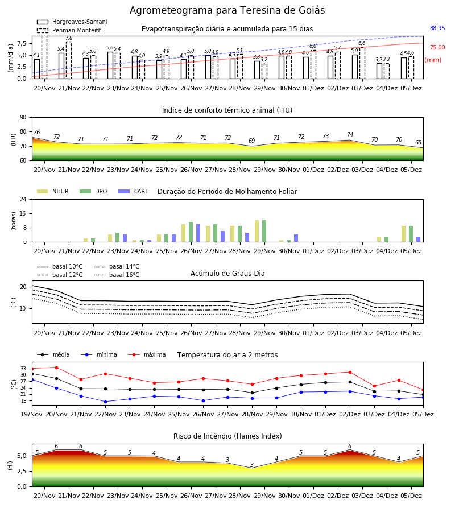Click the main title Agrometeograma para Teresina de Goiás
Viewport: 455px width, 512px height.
click(x=227, y=10)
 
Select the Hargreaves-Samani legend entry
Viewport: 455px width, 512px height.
click(x=72, y=22)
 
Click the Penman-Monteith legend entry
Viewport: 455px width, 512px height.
click(x=69, y=30)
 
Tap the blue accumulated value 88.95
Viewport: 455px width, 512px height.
click(x=437, y=28)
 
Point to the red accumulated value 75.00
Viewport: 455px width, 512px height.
click(x=437, y=47)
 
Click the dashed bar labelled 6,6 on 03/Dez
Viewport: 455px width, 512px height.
click(x=362, y=63)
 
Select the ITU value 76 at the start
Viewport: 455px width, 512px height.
click(x=36, y=132)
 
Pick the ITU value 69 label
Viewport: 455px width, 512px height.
click(x=251, y=141)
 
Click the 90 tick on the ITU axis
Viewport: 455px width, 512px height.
click(x=23, y=118)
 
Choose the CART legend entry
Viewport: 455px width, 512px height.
click(x=134, y=191)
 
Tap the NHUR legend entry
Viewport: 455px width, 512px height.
click(x=53, y=191)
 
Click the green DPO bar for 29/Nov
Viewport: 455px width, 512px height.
click(x=264, y=231)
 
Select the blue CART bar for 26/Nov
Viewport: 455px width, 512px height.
click(x=198, y=233)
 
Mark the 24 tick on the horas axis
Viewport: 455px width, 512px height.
click(x=23, y=199)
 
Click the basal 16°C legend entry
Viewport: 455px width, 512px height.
click(x=117, y=275)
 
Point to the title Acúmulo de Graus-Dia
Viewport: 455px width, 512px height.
click(x=227, y=273)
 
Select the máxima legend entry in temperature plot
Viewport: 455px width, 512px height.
click(x=147, y=354)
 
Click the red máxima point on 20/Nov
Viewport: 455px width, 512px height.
click(x=56, y=368)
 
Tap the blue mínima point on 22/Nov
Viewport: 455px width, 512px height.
click(x=105, y=402)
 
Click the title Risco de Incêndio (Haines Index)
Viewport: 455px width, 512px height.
click(x=227, y=436)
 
